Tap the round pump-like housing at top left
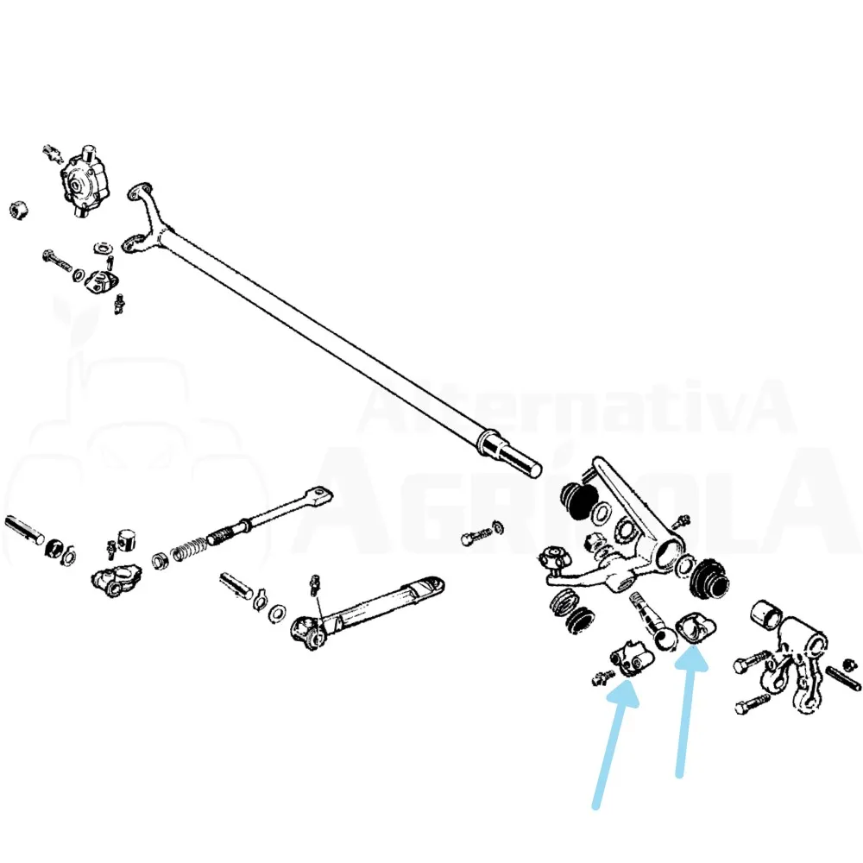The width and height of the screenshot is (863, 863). (x=85, y=181)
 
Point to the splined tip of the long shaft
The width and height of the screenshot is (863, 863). (x=520, y=460)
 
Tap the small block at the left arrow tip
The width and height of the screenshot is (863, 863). (x=631, y=659)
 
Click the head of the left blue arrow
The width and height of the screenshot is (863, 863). (x=625, y=695)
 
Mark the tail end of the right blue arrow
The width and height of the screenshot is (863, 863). (x=680, y=775)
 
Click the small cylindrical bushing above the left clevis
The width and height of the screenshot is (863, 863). (x=127, y=539)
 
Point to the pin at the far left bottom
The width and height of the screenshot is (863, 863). (x=24, y=530)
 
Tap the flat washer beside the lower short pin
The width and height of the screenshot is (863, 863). (x=277, y=613)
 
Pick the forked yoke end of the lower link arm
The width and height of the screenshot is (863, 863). (x=308, y=632)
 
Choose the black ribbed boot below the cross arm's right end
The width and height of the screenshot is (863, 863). (x=710, y=580)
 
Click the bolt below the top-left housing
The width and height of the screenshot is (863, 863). (x=57, y=261)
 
